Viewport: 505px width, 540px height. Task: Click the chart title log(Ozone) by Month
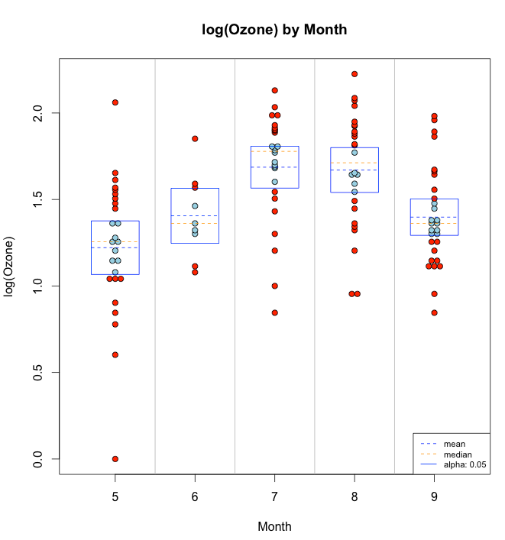tap(274, 30)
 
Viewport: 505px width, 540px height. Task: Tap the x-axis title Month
tap(274, 526)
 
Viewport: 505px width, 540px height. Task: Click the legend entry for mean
tap(454, 443)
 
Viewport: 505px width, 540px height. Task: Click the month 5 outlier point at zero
tap(115, 459)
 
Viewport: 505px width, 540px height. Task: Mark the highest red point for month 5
tap(115, 102)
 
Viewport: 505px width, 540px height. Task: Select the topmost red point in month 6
tap(195, 139)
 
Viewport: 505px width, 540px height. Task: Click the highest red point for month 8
tap(354, 74)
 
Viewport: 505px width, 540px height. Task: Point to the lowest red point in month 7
tap(274, 312)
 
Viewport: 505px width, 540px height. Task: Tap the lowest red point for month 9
tap(434, 312)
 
